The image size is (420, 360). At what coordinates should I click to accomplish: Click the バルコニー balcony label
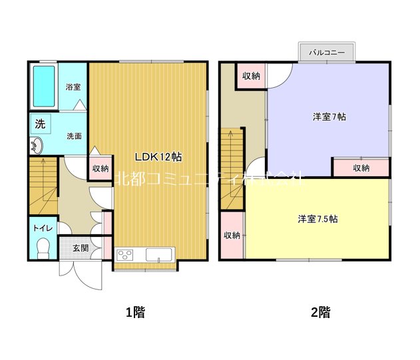click(326, 51)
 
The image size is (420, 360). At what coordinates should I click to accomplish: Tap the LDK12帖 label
click(158, 158)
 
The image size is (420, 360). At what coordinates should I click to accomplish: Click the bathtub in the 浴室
click(44, 87)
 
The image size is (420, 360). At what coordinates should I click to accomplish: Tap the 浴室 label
click(73, 87)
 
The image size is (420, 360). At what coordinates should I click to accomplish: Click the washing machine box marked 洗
click(39, 123)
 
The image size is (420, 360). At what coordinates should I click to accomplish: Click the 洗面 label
click(73, 136)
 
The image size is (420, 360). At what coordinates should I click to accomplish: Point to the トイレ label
click(43, 228)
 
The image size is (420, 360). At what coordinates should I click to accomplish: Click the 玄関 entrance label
click(80, 248)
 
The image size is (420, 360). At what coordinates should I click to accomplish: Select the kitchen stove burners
click(125, 255)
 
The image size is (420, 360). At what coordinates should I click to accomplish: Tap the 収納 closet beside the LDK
click(101, 168)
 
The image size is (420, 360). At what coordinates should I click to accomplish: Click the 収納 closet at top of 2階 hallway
click(251, 76)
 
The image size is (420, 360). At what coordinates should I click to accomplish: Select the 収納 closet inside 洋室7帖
click(361, 168)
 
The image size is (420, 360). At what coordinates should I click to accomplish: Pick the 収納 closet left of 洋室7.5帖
click(232, 236)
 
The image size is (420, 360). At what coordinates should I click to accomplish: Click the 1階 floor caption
click(135, 311)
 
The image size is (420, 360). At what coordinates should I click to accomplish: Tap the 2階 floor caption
click(320, 311)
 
